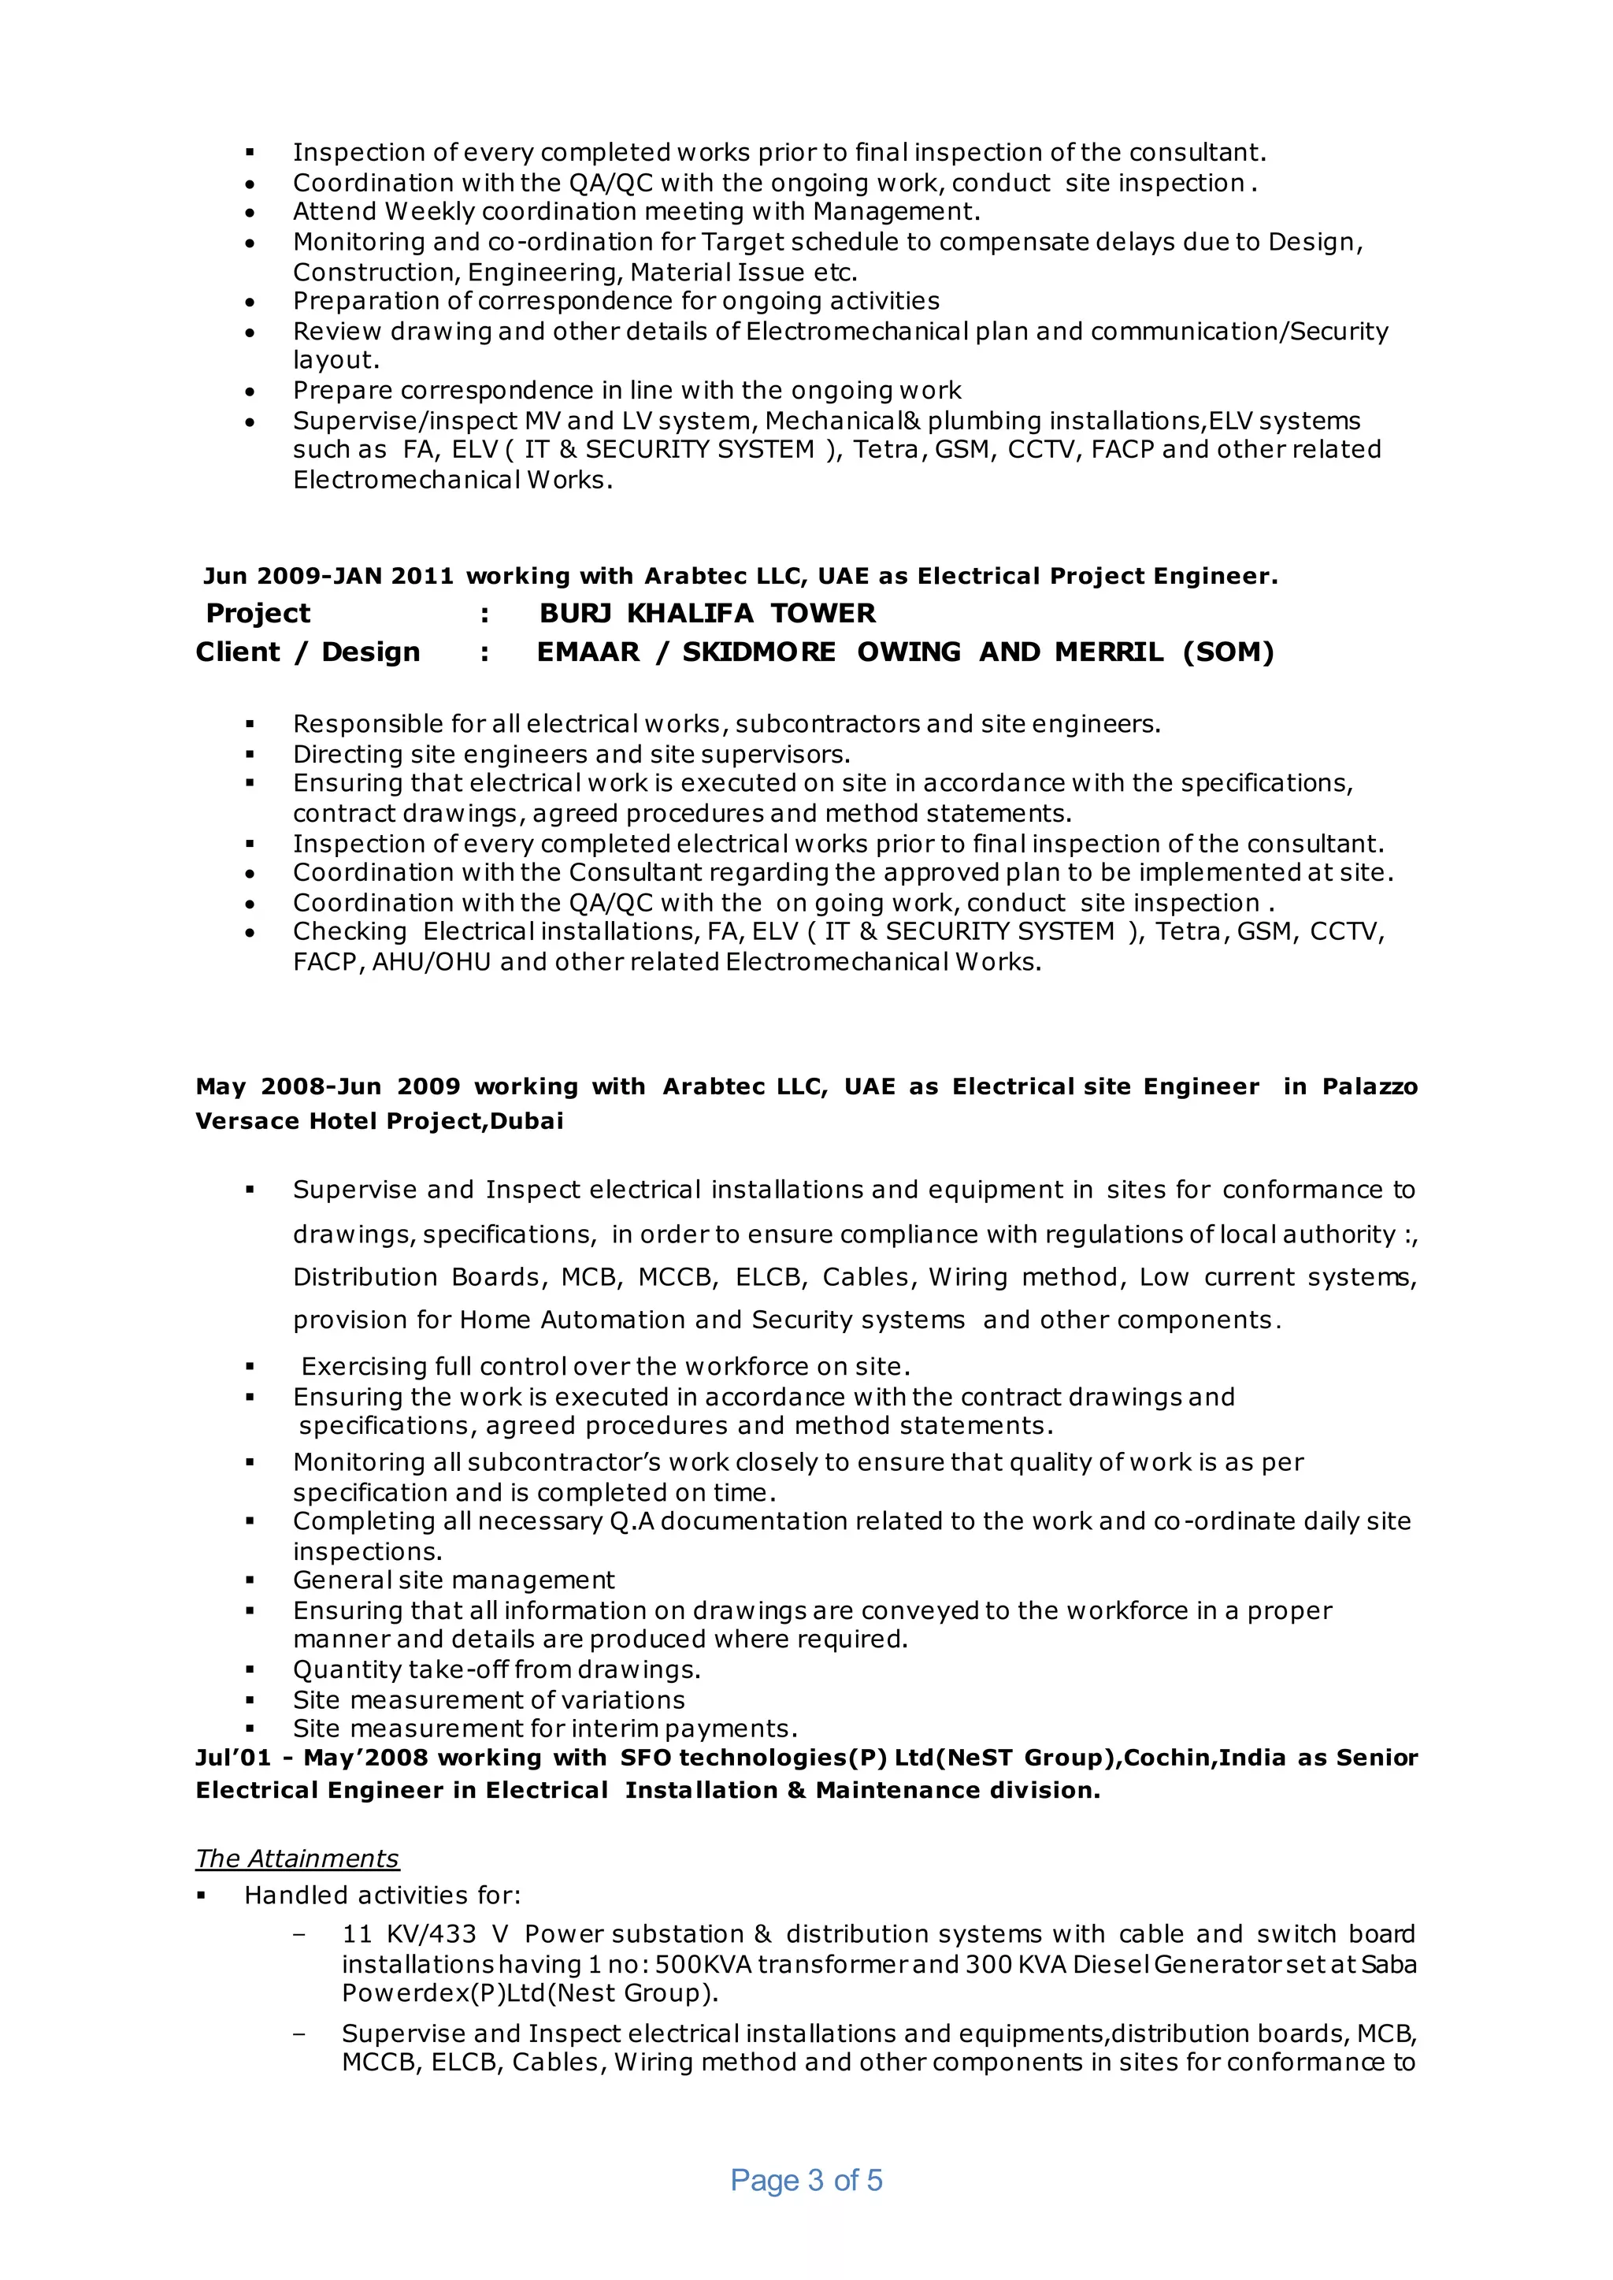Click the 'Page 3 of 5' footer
(806, 2180)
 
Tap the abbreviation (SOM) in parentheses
(1228, 652)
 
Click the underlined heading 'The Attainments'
(297, 1858)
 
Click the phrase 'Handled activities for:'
(383, 1896)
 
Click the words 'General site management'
(453, 1580)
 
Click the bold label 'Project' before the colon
(258, 613)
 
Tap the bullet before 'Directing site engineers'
(250, 754)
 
